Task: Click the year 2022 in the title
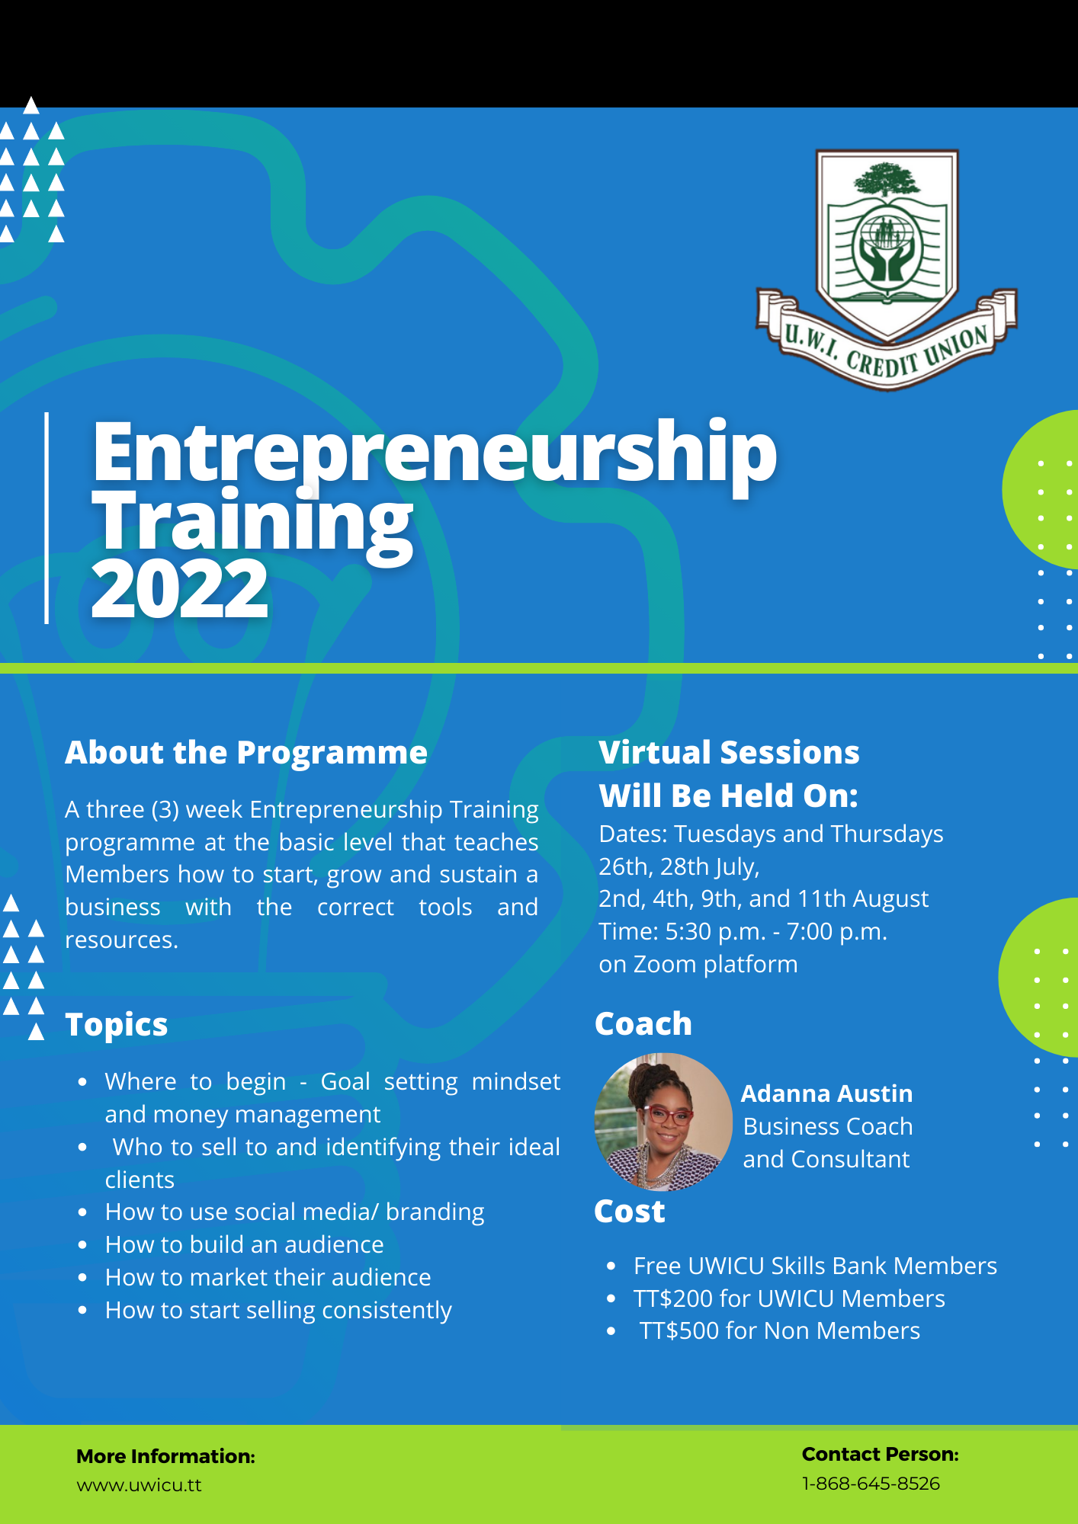[x=180, y=589]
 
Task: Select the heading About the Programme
[x=246, y=753]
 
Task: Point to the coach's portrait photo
[x=663, y=1122]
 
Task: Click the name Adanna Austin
[x=827, y=1093]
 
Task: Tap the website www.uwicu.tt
[x=140, y=1485]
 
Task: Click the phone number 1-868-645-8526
[x=871, y=1484]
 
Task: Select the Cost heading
[x=630, y=1212]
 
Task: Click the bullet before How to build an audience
[x=82, y=1245]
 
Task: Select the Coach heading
[x=643, y=1024]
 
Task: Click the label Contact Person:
[x=881, y=1454]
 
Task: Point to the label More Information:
[x=165, y=1456]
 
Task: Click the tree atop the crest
[x=887, y=181]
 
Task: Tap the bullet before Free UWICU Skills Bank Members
[x=611, y=1266]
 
